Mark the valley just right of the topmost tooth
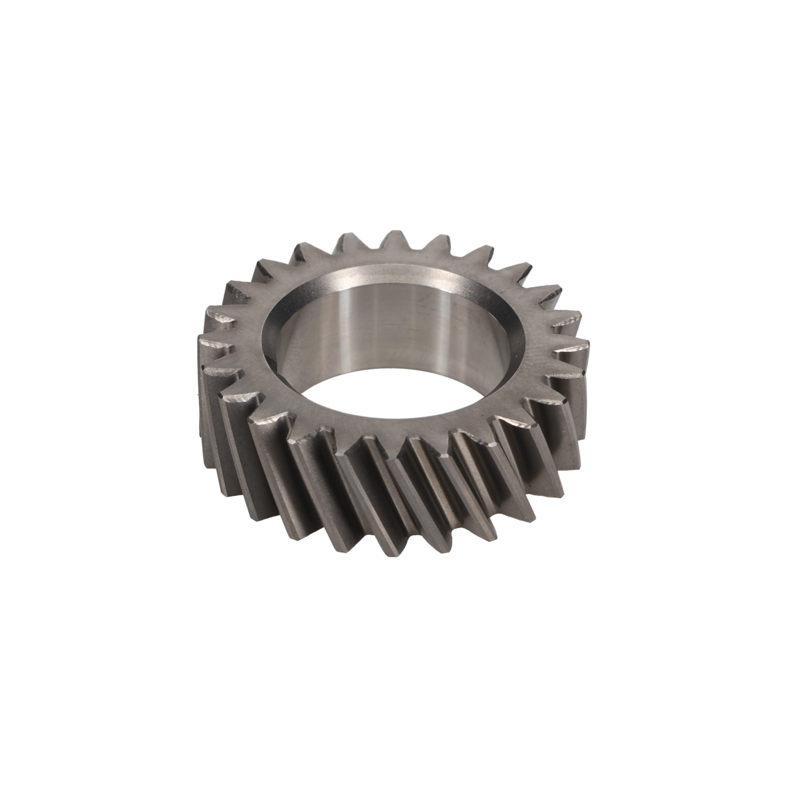(416, 255)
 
